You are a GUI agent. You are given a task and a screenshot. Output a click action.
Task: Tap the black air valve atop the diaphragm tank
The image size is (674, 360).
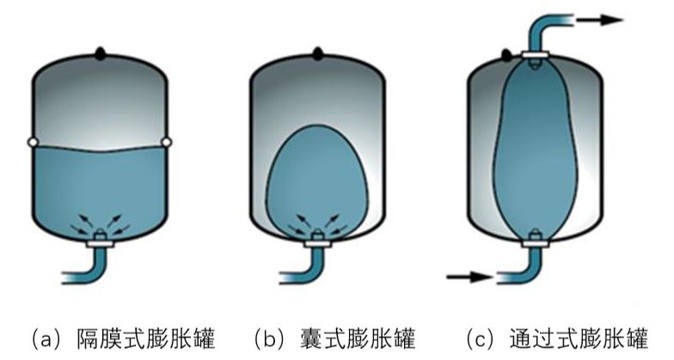101,52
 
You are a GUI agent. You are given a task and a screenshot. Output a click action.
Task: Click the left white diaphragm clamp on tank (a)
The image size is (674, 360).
32,141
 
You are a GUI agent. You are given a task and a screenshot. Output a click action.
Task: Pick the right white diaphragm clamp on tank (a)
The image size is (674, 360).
168,141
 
